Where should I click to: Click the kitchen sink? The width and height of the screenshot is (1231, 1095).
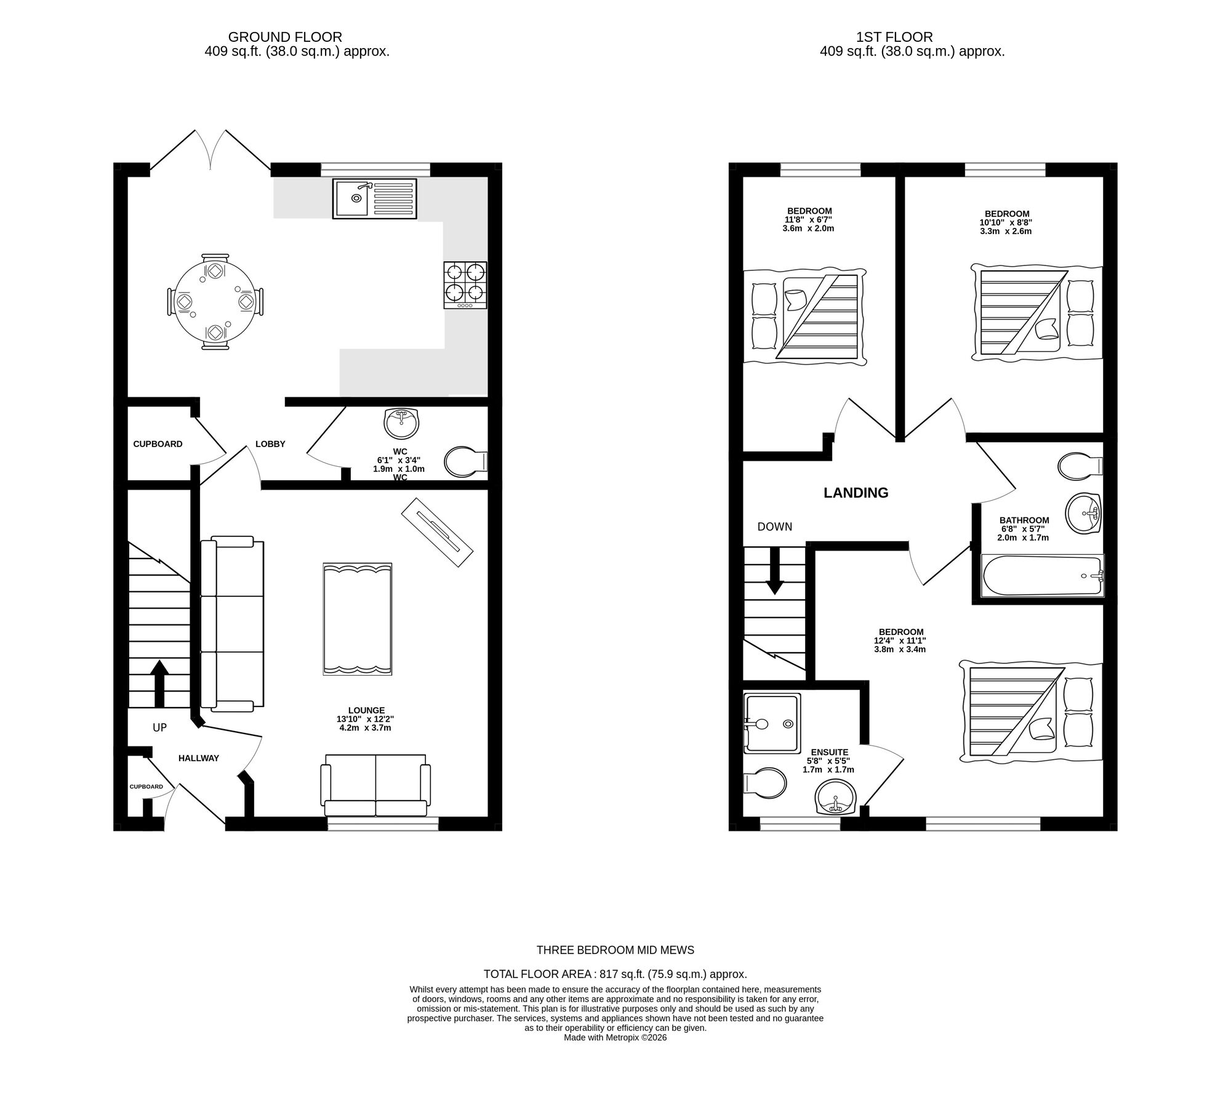click(x=374, y=198)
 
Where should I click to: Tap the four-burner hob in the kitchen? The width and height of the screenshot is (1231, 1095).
click(x=465, y=285)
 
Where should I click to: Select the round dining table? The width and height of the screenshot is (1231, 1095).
click(x=215, y=302)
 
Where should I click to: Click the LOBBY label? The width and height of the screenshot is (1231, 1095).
click(x=270, y=444)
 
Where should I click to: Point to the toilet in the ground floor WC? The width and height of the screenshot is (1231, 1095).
click(x=465, y=462)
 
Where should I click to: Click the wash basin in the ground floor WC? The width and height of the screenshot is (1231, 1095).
click(x=401, y=423)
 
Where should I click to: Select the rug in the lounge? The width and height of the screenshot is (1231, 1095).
click(x=357, y=619)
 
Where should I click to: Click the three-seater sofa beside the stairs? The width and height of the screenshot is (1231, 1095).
click(x=233, y=622)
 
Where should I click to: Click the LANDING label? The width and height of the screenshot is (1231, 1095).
click(x=856, y=493)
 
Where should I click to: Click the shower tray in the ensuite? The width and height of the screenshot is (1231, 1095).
click(x=772, y=723)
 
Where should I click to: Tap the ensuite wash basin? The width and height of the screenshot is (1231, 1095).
click(x=835, y=798)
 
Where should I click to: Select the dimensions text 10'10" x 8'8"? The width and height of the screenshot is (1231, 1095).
click(x=1006, y=223)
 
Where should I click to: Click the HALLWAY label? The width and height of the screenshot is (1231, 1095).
click(x=199, y=758)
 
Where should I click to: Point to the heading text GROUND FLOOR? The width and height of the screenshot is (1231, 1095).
click(x=285, y=38)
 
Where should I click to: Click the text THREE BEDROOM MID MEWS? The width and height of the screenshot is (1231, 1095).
click(x=615, y=950)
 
